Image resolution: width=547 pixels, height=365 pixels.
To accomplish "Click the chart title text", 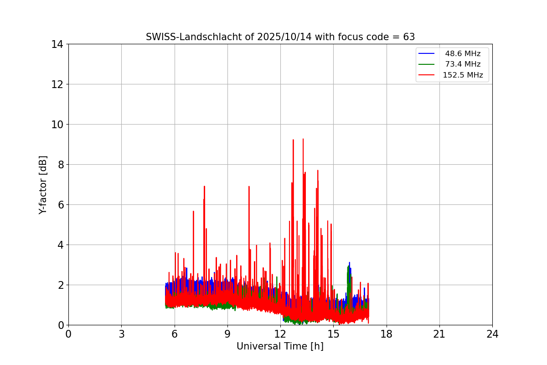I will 280,37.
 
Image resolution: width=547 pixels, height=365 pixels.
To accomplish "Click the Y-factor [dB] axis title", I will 43,185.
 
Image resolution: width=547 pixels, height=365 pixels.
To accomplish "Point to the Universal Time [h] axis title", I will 280,346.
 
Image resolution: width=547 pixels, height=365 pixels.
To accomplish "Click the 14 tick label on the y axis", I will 57,44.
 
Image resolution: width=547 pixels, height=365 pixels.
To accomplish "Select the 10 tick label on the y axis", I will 57,125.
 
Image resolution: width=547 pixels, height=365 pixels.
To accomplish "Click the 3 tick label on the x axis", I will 121,334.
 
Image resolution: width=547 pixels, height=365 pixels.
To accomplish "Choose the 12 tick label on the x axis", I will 280,334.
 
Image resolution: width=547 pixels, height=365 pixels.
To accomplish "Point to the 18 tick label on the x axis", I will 387,334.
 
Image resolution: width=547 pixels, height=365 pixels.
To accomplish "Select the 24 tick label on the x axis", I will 492,334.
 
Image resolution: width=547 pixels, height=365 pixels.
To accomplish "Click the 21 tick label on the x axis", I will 439,334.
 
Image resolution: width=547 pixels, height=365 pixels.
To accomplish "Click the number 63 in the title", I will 409,37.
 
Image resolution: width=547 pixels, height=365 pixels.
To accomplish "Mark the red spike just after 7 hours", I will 193,212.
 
